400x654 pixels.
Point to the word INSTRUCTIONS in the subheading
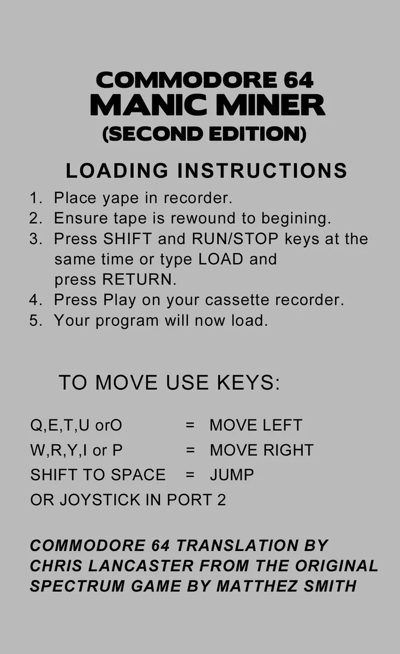[x=262, y=171]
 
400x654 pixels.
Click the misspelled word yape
[x=121, y=198]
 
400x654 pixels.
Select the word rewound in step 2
[x=203, y=219]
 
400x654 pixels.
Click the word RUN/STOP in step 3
[x=235, y=239]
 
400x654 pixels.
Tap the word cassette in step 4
[x=237, y=300]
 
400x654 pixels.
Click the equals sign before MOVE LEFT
[x=190, y=426]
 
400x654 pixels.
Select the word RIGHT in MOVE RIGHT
[x=288, y=450]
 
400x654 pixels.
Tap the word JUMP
[x=232, y=475]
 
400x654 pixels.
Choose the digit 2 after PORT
[x=222, y=500]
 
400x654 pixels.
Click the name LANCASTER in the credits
[x=141, y=566]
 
